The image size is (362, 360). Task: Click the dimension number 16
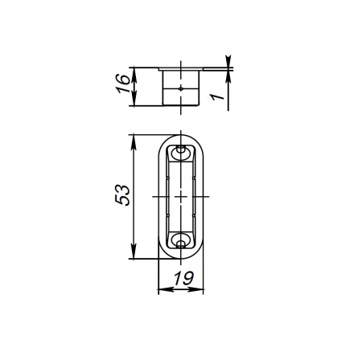point(123,84)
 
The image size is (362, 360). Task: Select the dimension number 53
point(122,195)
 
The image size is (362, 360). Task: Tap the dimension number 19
point(183,278)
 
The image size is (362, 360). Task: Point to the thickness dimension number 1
point(216,96)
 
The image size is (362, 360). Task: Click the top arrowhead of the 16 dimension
point(134,73)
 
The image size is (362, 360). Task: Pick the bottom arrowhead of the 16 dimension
point(134,100)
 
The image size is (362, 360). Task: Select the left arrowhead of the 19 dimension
point(165,289)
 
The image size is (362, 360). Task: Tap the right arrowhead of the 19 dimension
point(196,289)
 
